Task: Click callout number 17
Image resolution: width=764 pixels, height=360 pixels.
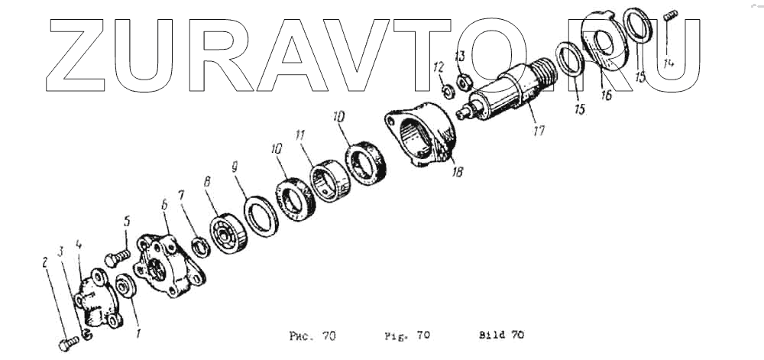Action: (539, 131)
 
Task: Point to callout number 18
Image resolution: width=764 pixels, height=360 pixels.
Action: (457, 173)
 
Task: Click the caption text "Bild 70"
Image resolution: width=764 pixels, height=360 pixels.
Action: (501, 335)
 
